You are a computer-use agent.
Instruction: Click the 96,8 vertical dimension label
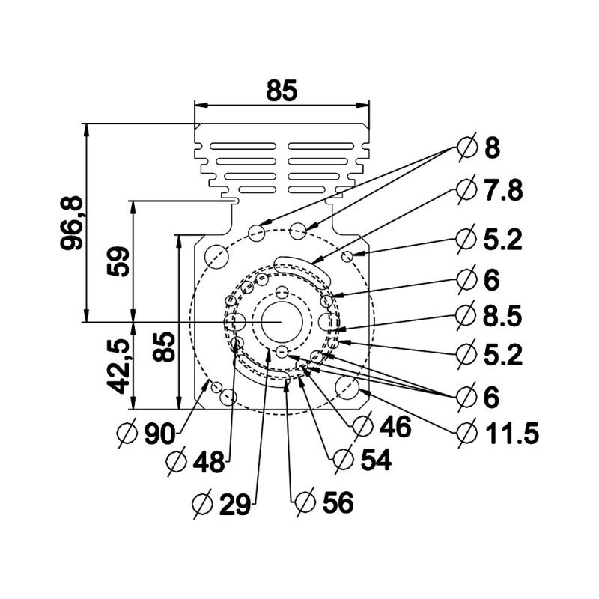point(71,222)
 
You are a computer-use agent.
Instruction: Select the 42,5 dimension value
point(118,366)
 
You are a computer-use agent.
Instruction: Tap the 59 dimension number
point(118,261)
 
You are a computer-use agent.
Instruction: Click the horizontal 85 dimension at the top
point(282,91)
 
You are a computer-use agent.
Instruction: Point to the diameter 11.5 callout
point(497,434)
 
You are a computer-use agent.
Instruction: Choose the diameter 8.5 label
point(489,316)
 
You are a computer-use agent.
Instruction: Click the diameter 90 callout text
point(147,434)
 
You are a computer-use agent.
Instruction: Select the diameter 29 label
point(222,504)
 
